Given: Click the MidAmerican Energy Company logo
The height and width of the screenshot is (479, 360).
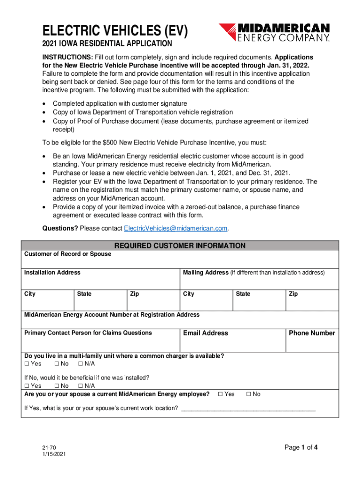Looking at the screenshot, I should tap(274, 33).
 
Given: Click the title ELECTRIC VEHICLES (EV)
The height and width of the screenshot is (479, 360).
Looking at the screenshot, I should tap(115, 31).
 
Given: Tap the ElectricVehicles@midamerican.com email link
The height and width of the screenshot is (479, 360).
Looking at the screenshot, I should tap(175, 228).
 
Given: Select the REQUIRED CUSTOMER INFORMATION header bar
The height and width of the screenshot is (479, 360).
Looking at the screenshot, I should tap(180, 246).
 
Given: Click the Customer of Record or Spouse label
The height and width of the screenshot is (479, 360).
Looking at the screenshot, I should tap(68, 254).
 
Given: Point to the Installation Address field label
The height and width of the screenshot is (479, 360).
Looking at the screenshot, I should tap(52, 272).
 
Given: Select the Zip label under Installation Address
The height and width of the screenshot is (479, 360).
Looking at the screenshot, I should tap(134, 294).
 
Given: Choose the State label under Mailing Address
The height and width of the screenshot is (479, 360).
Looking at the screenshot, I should tap(243, 294).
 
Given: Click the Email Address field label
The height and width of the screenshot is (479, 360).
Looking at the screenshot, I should tap(205, 333).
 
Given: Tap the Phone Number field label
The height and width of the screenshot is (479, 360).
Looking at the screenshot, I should tap(312, 333).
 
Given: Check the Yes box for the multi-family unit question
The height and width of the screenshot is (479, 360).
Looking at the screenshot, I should tap(27, 364).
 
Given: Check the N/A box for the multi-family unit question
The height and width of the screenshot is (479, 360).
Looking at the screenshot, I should tap(80, 364).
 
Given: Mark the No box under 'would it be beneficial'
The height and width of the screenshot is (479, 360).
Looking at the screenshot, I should tap(57, 386).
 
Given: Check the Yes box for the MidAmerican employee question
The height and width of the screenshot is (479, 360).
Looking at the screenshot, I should tap(221, 394).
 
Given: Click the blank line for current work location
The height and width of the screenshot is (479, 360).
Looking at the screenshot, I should tap(248, 409).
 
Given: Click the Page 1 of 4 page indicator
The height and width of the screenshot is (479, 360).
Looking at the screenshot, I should tap(301, 447).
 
